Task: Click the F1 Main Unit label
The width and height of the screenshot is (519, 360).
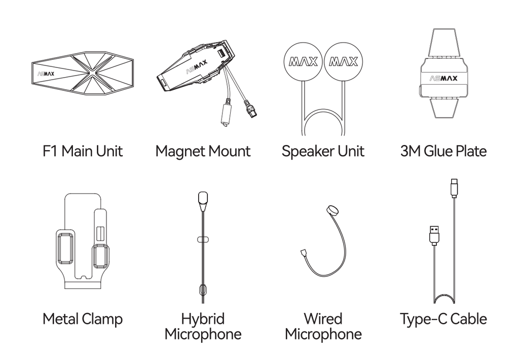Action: click(83, 151)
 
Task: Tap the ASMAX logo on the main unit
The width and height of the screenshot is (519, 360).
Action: click(46, 74)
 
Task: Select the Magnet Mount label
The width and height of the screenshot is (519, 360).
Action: click(203, 152)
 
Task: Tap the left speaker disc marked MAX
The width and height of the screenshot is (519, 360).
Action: click(303, 61)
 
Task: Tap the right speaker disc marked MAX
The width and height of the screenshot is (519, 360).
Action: click(343, 61)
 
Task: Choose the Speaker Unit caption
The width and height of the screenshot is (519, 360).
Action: click(323, 152)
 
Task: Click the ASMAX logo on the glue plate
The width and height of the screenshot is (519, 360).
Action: click(443, 78)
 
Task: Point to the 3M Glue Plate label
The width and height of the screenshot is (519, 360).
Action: click(443, 151)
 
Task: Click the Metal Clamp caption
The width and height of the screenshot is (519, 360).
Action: click(83, 319)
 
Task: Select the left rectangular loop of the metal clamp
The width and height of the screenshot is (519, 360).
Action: click(65, 248)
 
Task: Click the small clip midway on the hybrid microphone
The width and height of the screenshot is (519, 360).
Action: click(203, 239)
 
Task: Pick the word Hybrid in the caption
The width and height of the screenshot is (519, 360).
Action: click(203, 319)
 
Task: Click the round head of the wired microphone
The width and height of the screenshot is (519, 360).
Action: click(332, 210)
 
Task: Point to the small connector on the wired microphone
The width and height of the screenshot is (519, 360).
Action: click(304, 253)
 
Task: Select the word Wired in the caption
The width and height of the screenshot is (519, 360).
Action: click(323, 318)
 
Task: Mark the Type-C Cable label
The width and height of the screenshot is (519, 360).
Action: click(443, 319)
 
